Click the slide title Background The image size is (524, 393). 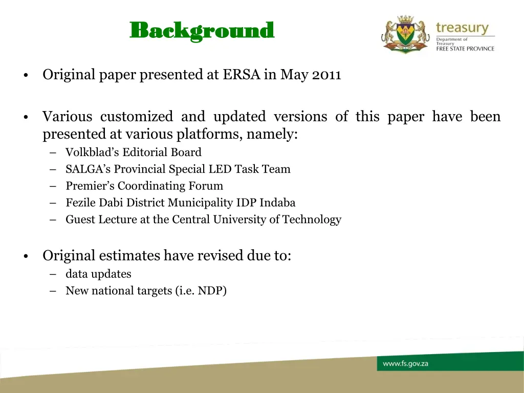click(x=202, y=31)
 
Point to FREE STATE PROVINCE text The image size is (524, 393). click(x=465, y=49)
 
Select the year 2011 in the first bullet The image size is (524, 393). click(x=326, y=75)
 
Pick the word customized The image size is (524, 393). click(x=137, y=117)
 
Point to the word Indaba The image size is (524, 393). click(x=277, y=203)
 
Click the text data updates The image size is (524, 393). click(x=98, y=274)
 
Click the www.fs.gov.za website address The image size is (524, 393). click(x=405, y=364)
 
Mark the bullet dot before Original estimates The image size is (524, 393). click(x=25, y=257)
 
